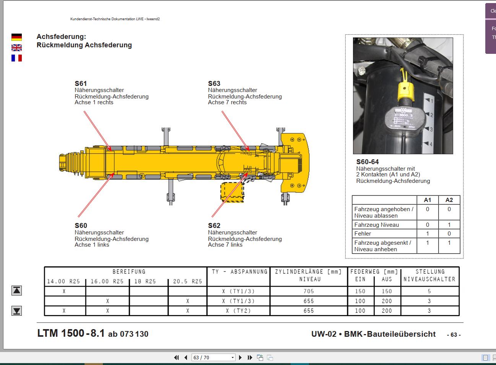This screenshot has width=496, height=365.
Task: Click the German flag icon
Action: point(16,37)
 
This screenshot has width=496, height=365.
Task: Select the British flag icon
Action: point(16,48)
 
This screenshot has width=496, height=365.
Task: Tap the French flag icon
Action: point(16,58)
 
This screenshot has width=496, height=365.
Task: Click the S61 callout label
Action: point(81,84)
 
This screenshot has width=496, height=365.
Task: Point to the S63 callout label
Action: point(214,84)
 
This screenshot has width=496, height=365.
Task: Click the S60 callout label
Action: point(81,226)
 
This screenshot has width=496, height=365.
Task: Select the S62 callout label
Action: point(214,226)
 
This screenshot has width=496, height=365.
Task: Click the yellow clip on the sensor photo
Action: point(406,90)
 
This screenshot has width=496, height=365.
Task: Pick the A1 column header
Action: point(428,200)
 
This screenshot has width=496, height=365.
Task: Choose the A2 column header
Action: point(449,200)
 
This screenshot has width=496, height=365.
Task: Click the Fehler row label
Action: point(363,234)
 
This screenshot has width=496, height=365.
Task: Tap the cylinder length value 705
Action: point(309,291)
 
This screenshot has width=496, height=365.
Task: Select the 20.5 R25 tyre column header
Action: point(187,281)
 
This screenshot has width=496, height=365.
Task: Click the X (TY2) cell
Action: point(238,311)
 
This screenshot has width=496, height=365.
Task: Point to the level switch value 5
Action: point(429,291)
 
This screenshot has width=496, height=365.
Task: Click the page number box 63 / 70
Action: point(213,358)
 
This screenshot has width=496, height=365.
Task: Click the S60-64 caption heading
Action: point(368,162)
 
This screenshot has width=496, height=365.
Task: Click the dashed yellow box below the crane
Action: point(232,192)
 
